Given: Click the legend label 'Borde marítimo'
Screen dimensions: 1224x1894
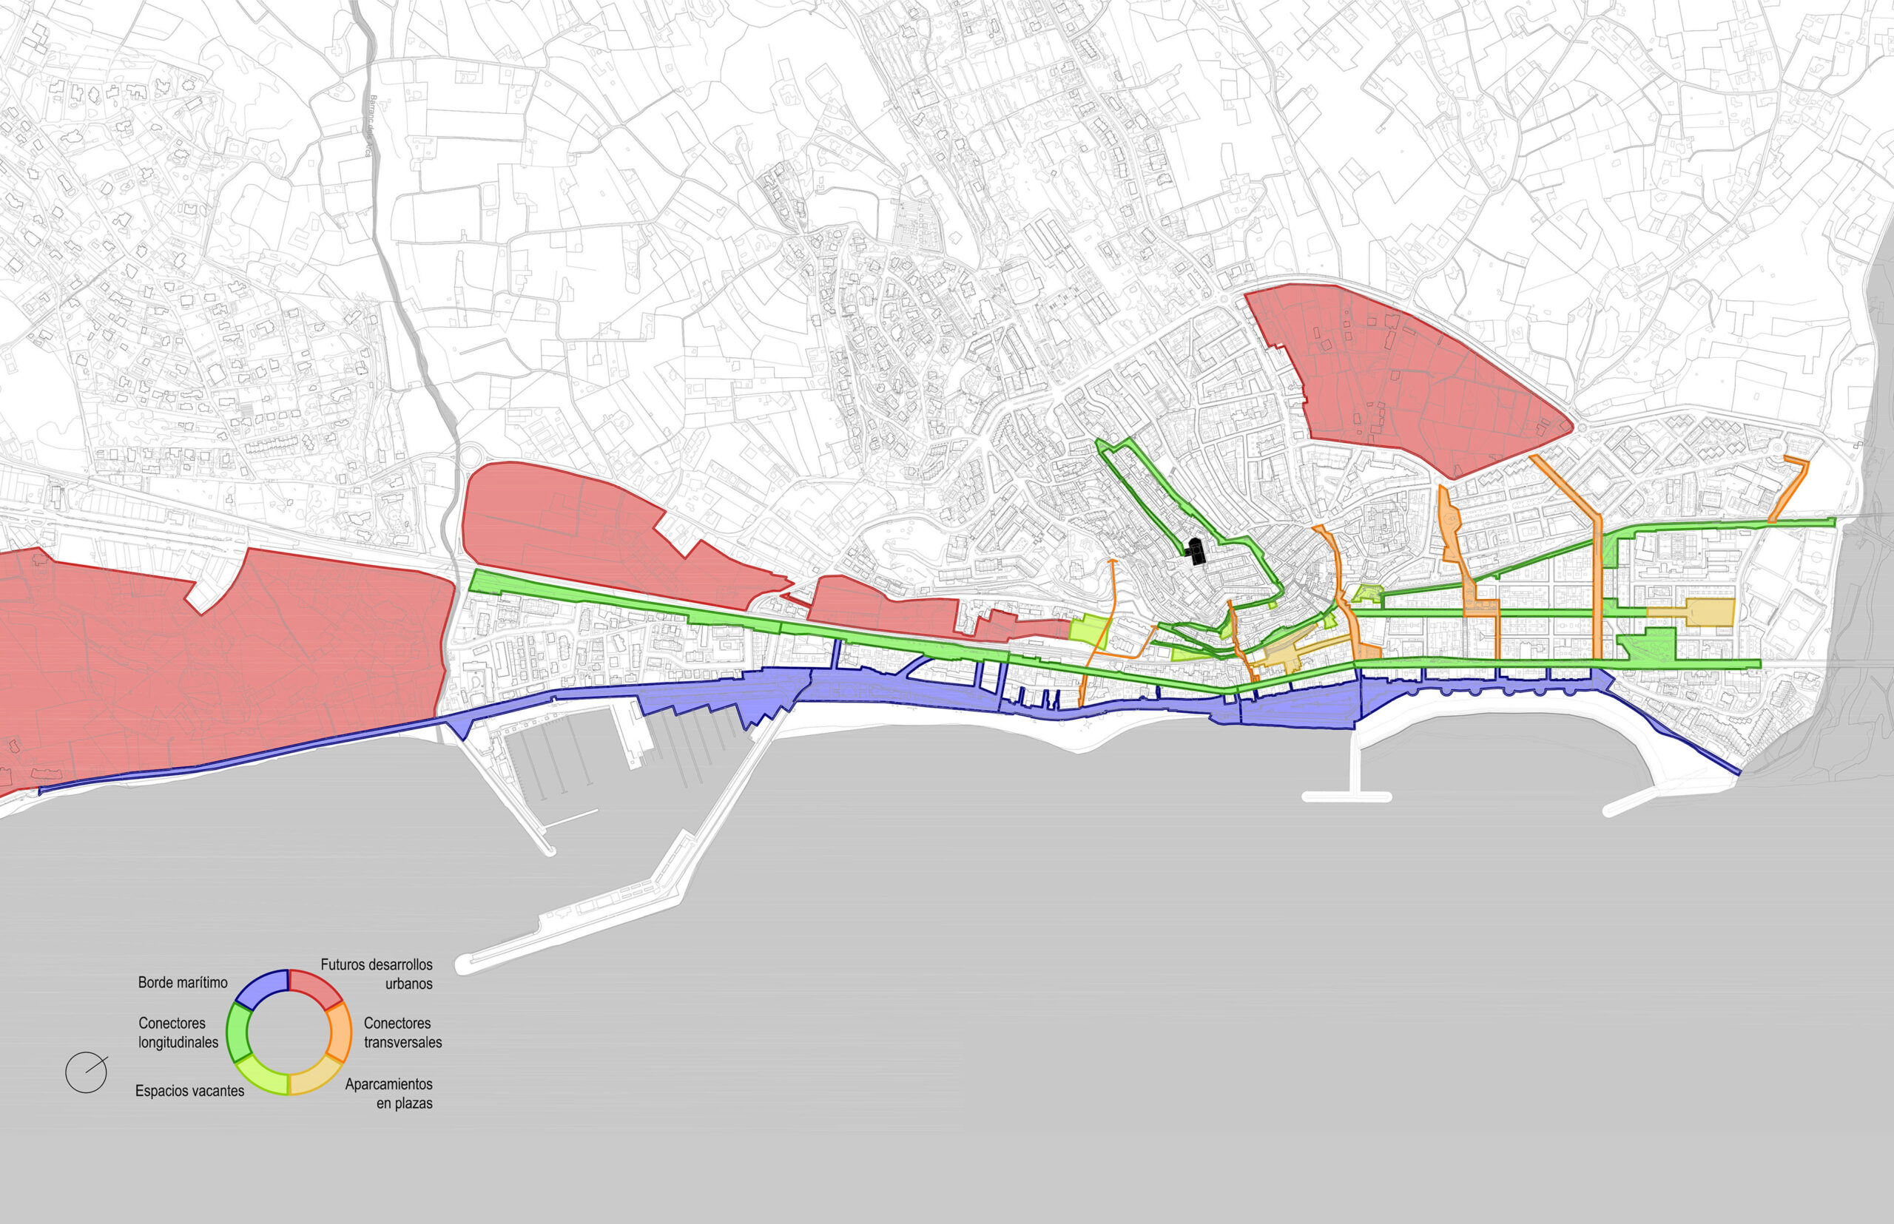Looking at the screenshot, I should pos(182,982).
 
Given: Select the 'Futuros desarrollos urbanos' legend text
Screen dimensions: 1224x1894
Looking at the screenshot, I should pos(377,973).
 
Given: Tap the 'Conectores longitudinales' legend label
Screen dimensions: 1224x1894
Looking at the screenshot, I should pos(178,1032).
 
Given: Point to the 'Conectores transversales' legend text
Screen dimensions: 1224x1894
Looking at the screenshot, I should pos(402,1032).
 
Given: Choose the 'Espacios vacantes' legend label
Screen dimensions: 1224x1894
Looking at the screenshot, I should pos(189,1090).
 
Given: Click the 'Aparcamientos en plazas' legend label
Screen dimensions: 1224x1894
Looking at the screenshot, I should pos(389,1093).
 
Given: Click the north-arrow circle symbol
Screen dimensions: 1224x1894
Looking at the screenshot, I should pos(86,1072).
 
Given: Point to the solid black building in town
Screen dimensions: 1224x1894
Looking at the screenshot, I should pos(1195,550).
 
